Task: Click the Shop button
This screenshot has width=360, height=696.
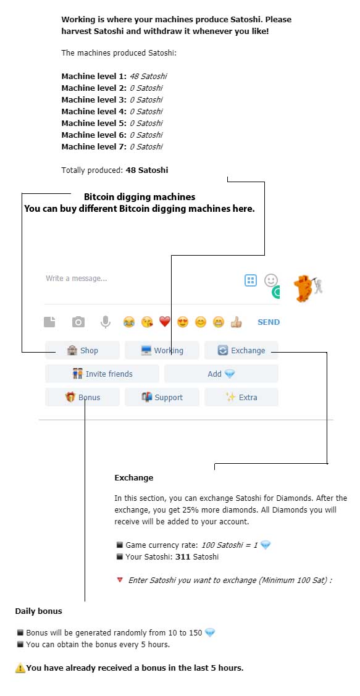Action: point(83,350)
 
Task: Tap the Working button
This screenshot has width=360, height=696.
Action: point(162,350)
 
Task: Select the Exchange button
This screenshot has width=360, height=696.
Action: point(241,350)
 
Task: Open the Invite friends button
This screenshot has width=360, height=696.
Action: point(102,374)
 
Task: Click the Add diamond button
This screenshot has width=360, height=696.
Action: point(222,374)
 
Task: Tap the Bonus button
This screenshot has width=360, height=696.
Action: point(83,397)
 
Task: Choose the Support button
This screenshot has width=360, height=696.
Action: point(162,397)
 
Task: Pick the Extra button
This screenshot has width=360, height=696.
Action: point(241,397)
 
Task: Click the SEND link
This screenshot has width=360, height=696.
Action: point(269,322)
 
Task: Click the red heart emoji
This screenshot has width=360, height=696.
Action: point(165,322)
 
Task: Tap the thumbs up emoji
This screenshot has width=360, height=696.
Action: point(236,322)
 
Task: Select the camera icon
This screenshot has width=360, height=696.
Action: point(78,322)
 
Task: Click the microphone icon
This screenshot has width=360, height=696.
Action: point(105,322)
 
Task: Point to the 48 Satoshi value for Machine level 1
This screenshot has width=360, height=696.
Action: point(148,77)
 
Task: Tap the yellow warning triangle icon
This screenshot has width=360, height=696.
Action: point(20,668)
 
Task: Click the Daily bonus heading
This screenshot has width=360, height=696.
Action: point(39,611)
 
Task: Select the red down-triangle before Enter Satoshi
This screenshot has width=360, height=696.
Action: point(119,580)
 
